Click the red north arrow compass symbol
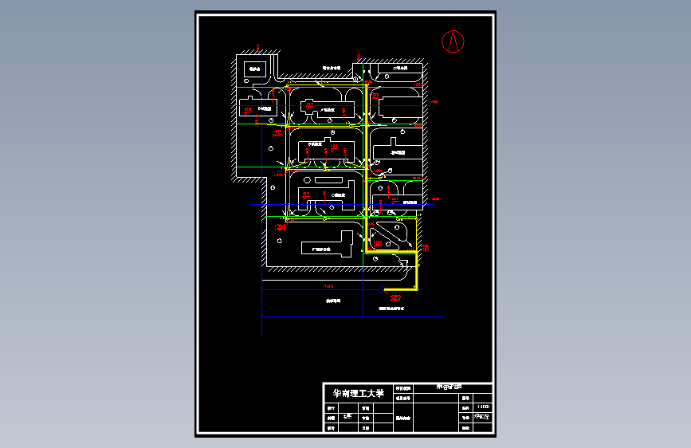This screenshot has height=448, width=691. pos(453,40)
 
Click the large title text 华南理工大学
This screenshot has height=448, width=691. pos(358,394)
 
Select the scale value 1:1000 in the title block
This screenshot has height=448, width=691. pos(482,406)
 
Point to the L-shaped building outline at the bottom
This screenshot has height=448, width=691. pos(328,244)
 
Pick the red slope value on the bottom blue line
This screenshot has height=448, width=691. pos(328,286)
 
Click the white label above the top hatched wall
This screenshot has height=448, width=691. pos(332,68)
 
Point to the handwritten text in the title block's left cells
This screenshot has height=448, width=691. pos(346,416)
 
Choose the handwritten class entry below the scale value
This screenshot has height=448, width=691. pos(482,416)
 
